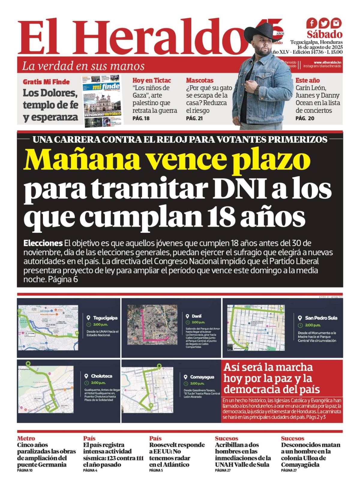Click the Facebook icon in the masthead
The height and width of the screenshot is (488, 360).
pyautogui.click(x=311, y=23)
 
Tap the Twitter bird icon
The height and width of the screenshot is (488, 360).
pyautogui.click(x=324, y=23)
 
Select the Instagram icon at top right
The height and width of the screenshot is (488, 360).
pyautogui.click(x=336, y=23)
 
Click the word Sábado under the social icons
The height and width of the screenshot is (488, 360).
pyautogui.click(x=324, y=34)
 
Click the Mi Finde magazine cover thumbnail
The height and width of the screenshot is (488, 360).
pyautogui.click(x=102, y=100)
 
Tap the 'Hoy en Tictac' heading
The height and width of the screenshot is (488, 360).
pyautogui.click(x=151, y=80)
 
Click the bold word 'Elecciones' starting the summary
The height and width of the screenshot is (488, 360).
pyautogui.click(x=43, y=243)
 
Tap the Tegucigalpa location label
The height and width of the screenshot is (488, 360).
pyautogui.click(x=105, y=318)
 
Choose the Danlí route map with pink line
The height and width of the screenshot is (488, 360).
pyautogui.click(x=152, y=325)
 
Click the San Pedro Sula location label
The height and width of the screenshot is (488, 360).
pyautogui.click(x=321, y=318)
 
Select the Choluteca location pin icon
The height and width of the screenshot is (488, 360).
pyautogui.click(x=86, y=376)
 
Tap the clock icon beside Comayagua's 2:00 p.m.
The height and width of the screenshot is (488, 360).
pyautogui.click(x=186, y=384)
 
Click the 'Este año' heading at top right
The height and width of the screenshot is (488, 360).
pyautogui.click(x=307, y=80)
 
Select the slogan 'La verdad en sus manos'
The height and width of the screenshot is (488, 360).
pyautogui.click(x=83, y=66)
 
